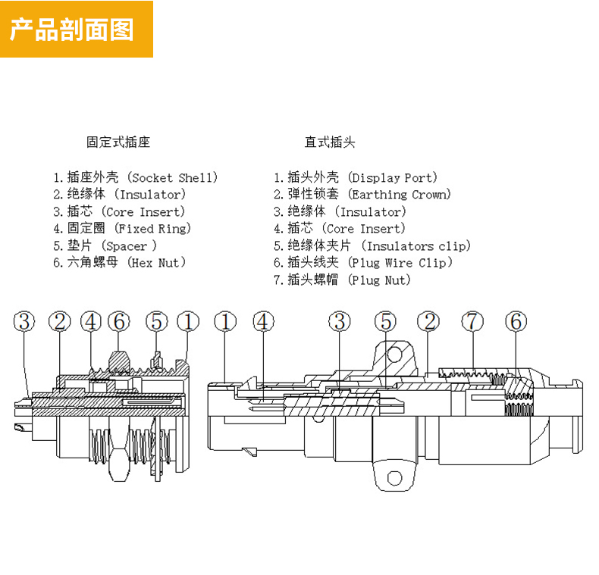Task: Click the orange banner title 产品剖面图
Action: (x=72, y=30)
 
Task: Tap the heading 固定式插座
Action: (x=118, y=142)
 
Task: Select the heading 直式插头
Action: (x=330, y=142)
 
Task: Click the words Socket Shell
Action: (x=174, y=177)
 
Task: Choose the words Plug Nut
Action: (x=378, y=280)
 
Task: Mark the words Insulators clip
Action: (x=416, y=245)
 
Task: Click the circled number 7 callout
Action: (x=472, y=321)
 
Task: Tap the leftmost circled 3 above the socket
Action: (x=25, y=321)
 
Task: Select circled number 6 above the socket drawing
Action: (x=118, y=321)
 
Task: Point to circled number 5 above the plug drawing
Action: (x=385, y=321)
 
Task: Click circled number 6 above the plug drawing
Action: (x=516, y=321)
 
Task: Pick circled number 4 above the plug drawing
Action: (x=262, y=321)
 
